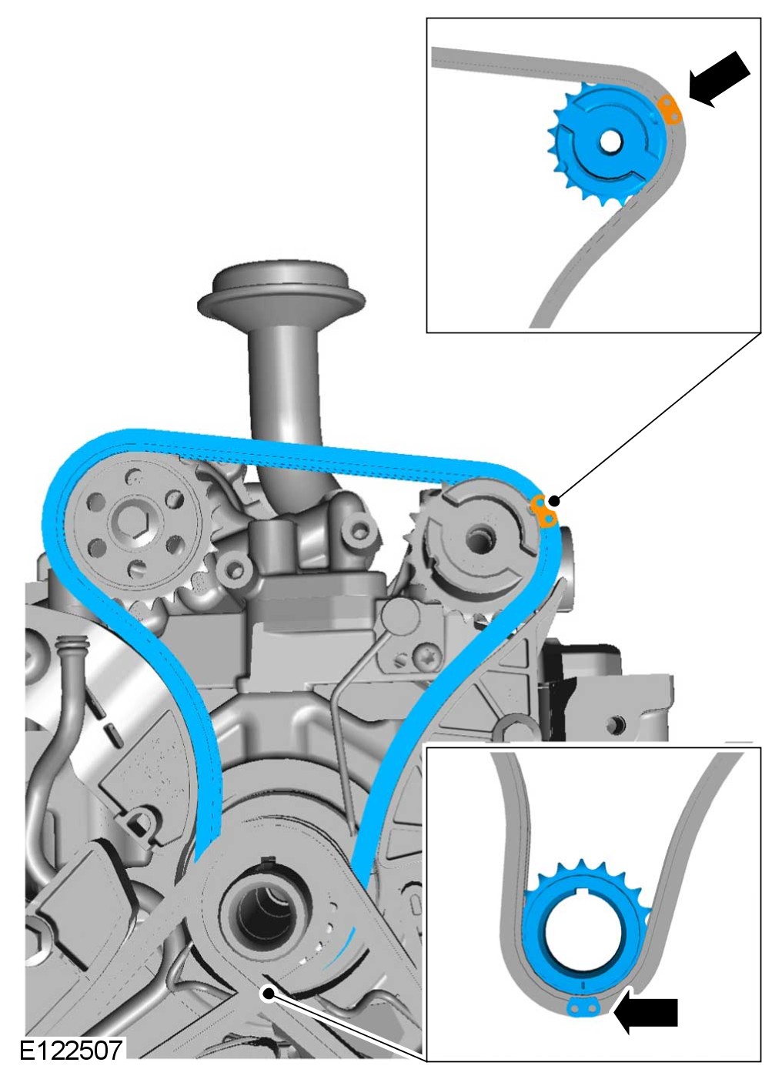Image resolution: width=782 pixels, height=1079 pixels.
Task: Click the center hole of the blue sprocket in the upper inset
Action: click(611, 142)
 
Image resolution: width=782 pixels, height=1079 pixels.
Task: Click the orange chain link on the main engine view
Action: click(543, 510)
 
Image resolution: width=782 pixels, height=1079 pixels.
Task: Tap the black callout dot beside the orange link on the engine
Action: click(555, 501)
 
